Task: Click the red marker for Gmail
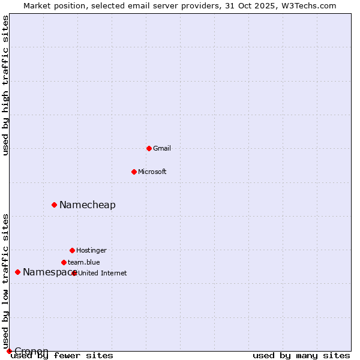149,148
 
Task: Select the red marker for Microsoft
134,172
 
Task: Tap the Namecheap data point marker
54,205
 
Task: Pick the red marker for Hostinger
72,250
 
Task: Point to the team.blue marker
64,262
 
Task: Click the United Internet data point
74,273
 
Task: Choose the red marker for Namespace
17,272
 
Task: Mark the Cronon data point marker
9,351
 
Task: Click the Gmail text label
162,148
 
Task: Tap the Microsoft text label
152,172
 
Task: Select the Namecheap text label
88,205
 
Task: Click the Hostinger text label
91,250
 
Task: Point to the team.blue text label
84,262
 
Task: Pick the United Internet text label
103,273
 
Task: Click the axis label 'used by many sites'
301,355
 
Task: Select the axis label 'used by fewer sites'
62,355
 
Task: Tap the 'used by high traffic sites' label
5,85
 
